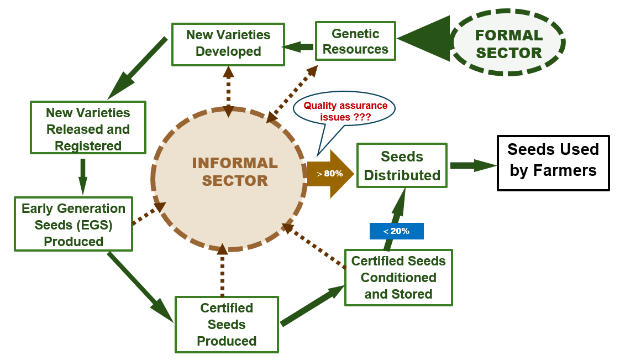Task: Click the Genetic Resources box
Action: coord(355,41)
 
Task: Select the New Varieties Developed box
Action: coord(228,44)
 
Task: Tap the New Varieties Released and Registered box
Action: coord(88,127)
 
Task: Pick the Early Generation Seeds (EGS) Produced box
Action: coord(73,224)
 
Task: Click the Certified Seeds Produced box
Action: coord(227,325)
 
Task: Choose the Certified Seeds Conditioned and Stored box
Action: coord(398,277)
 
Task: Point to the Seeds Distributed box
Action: coord(402,165)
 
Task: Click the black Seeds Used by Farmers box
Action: coord(553,163)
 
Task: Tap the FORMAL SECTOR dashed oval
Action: coord(509,43)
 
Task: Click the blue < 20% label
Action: coord(397,231)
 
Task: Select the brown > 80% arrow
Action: coord(330,174)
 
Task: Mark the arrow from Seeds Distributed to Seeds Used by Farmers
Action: coord(473,166)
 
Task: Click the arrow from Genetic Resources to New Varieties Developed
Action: coord(299,47)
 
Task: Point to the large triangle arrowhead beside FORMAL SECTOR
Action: coord(424,39)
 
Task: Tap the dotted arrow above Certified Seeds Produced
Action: coord(222,270)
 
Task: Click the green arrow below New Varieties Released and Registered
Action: coord(83,176)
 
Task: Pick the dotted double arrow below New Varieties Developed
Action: coord(229,92)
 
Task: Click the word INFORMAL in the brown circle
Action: coord(235,163)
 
